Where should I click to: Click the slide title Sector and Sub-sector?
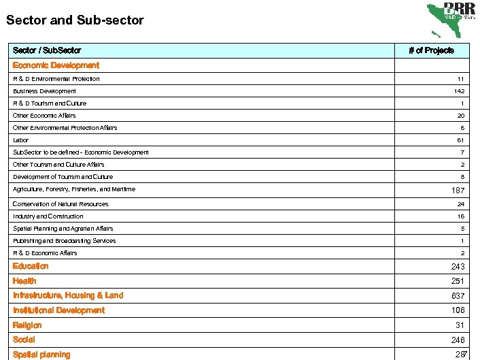click(x=75, y=20)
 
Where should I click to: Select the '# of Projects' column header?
click(x=431, y=50)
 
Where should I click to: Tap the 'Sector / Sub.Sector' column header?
click(x=47, y=50)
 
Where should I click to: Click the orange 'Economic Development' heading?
click(x=56, y=65)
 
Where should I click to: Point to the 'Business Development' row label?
click(x=44, y=91)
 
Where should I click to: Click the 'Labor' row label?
click(x=20, y=140)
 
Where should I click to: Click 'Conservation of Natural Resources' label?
click(x=61, y=204)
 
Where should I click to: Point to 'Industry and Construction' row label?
click(x=48, y=216)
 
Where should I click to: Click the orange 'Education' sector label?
click(x=31, y=266)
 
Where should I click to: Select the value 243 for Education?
click(x=457, y=267)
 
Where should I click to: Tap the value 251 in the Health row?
click(x=457, y=281)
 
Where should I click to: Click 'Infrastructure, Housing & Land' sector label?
click(x=68, y=295)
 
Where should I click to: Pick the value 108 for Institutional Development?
click(x=457, y=310)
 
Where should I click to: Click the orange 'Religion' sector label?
click(x=27, y=325)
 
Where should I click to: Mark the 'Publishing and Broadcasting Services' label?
click(x=64, y=241)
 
